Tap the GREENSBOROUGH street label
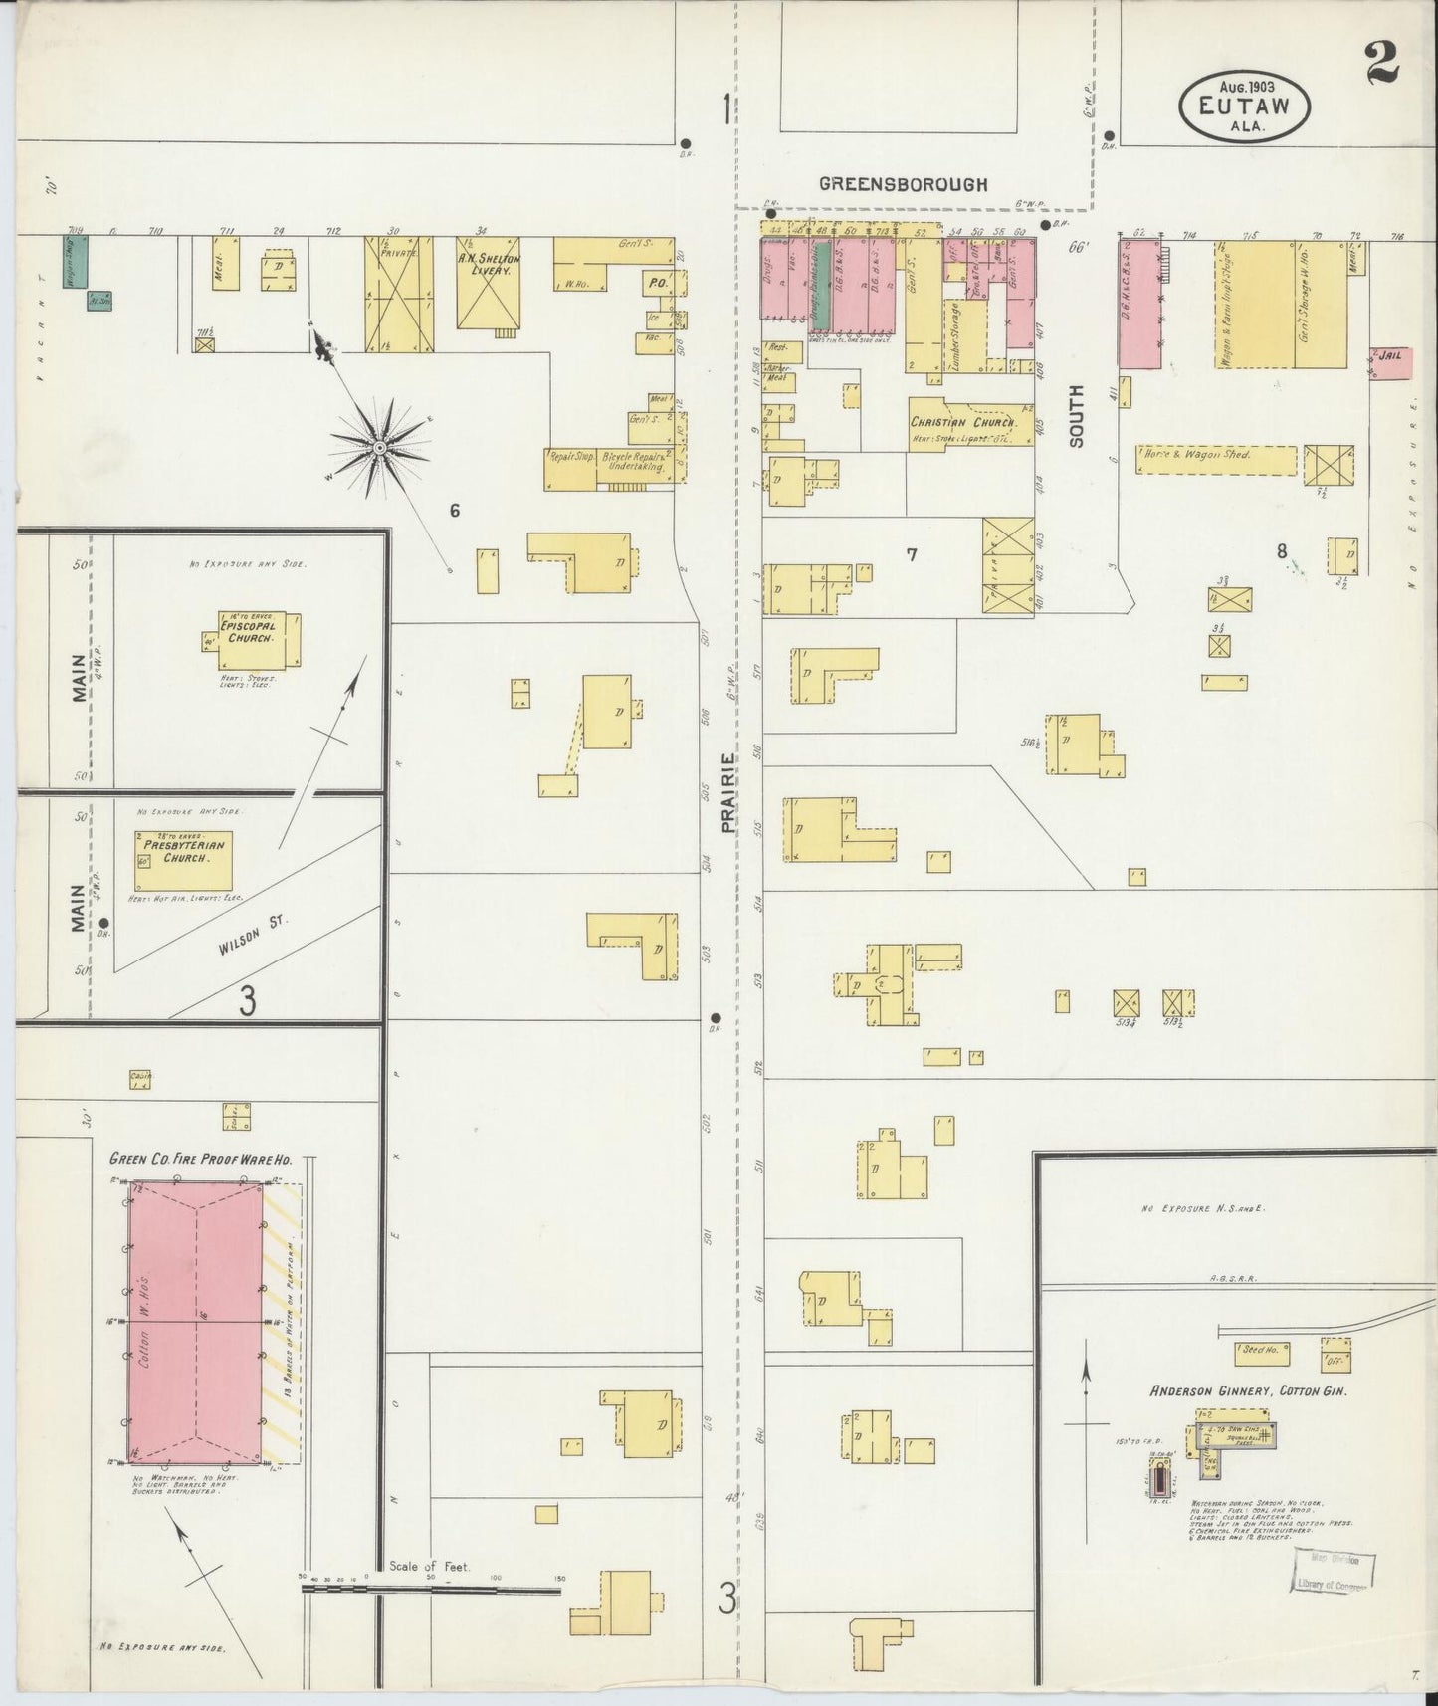903,184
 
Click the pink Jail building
1391,362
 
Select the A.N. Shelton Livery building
488,282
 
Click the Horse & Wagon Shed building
1216,460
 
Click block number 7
911,555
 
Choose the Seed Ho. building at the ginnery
1261,1351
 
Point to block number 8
1282,550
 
